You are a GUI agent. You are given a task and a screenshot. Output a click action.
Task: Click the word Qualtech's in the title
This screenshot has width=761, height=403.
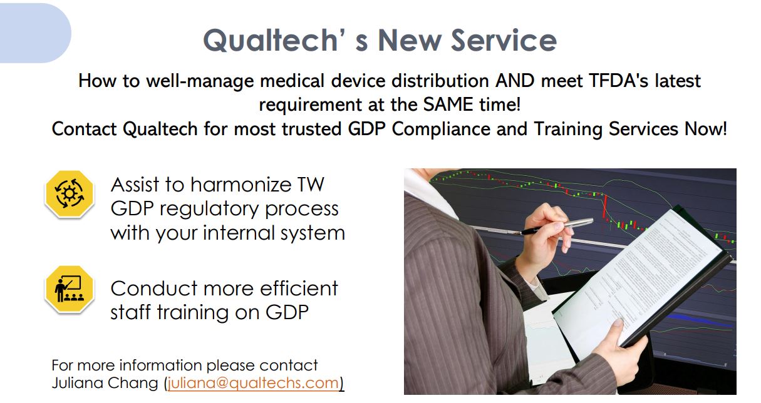(286, 41)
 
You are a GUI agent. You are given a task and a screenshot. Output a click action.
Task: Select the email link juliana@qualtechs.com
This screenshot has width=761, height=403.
(254, 383)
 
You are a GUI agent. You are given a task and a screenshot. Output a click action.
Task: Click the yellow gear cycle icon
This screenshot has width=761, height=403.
(70, 194)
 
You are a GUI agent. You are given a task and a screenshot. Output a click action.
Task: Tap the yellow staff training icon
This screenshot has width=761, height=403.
(70, 289)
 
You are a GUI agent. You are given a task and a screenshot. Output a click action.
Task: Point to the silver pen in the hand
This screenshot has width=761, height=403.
(554, 226)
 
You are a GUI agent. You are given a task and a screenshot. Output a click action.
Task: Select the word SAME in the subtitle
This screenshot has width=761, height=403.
(448, 105)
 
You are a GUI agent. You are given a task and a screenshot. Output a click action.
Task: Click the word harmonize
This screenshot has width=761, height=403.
(241, 185)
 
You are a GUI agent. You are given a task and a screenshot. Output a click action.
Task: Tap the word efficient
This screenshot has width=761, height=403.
(299, 288)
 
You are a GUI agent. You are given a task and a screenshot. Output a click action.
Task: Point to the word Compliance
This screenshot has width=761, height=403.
(441, 130)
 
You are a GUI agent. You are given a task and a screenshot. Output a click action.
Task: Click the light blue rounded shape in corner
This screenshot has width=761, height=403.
(35, 33)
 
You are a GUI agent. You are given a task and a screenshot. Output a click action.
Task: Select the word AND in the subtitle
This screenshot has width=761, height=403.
(515, 81)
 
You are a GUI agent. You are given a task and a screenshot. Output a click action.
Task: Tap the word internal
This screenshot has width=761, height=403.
(239, 233)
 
